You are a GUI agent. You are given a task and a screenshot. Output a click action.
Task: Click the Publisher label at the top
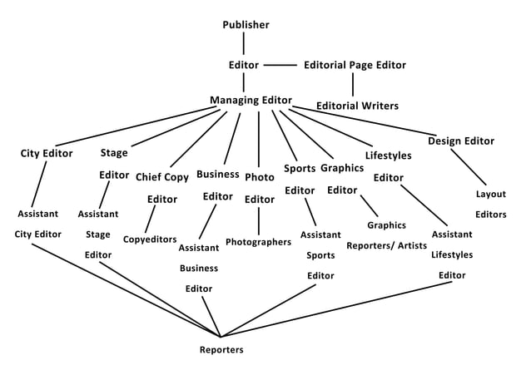pos(246,25)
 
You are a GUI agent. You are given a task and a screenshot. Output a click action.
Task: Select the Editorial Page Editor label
pos(355,64)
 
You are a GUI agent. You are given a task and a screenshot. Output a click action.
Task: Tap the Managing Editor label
pos(251,101)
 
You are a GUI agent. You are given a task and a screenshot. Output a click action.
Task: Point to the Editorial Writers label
pos(357,106)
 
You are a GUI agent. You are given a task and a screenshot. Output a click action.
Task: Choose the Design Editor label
pos(461,141)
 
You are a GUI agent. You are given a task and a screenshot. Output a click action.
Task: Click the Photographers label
pos(258,242)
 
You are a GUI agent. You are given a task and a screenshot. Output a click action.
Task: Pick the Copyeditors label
pos(149,239)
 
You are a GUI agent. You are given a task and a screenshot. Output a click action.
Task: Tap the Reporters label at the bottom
pos(221,350)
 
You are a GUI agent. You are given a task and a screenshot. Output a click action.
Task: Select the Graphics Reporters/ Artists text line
pos(386,246)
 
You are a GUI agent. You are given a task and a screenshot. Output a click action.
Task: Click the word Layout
pos(491,195)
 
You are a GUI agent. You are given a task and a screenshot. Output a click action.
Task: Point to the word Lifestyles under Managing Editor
pos(388,155)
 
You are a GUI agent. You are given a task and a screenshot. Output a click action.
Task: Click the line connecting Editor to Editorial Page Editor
pos(280,64)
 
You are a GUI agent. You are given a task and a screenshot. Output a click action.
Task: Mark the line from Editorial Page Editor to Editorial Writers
pos(352,85)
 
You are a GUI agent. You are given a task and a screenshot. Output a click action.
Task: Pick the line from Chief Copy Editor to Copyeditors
pos(151,220)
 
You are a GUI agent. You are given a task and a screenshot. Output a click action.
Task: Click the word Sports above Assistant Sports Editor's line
pos(299,169)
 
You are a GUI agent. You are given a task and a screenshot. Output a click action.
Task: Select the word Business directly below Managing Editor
pos(218,175)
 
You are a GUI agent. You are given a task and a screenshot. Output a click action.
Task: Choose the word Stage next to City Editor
pos(114,153)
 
